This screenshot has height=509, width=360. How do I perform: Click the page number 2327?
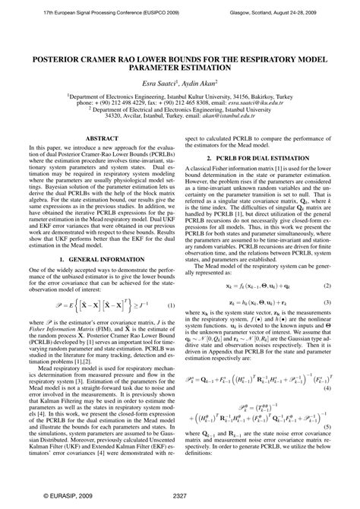tap(180, 495)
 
